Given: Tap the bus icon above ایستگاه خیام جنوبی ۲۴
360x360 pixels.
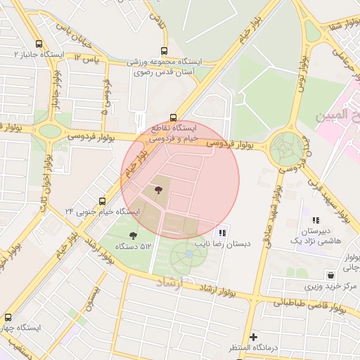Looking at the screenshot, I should (x=103, y=201).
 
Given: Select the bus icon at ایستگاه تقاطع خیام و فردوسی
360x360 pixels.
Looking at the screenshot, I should (x=173, y=117).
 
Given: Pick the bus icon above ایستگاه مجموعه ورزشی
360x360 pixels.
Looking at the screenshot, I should (x=164, y=51).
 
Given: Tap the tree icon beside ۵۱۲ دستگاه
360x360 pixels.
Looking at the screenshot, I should (x=133, y=235).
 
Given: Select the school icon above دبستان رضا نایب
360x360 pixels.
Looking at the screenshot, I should (x=222, y=233).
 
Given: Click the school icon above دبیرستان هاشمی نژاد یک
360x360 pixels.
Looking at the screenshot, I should (x=316, y=220).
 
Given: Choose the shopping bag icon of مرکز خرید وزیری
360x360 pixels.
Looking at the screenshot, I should (x=330, y=275).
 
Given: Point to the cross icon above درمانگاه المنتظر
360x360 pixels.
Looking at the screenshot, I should (x=253, y=337).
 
